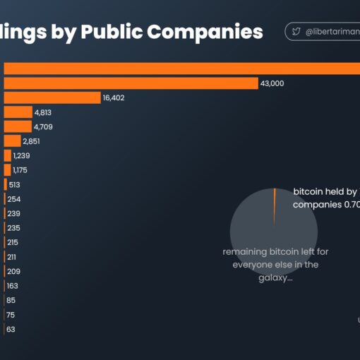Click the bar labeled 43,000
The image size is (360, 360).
point(131,83)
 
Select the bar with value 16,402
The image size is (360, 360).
point(52,97)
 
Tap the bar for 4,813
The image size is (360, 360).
point(18,112)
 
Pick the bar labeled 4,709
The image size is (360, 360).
point(18,126)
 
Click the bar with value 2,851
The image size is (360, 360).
point(12,141)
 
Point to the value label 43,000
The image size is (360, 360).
point(272,83)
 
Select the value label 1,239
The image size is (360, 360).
point(20,155)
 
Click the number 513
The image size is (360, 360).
point(14,184)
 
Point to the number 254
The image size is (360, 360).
point(13,199)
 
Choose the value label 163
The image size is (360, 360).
point(13,286)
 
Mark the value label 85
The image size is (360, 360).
point(11,300)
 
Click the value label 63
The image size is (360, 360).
point(11,329)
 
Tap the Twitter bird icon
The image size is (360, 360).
point(296,32)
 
